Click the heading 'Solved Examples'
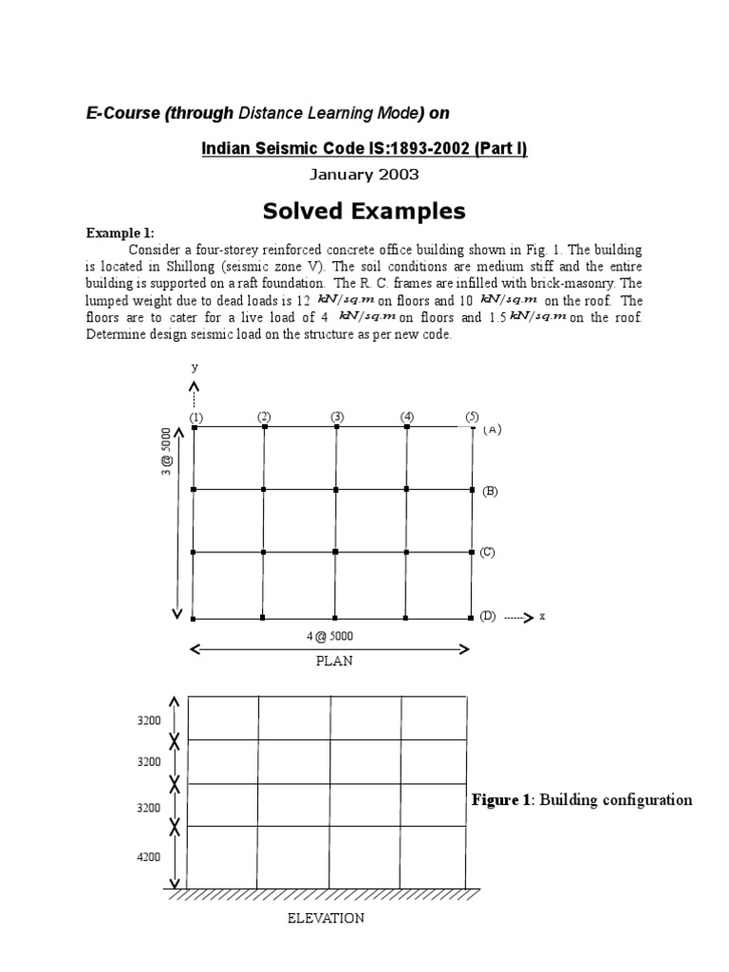click(x=364, y=211)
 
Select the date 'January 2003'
click(x=364, y=175)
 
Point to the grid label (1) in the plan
click(x=196, y=417)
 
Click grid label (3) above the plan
click(x=337, y=416)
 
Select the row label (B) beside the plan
click(x=490, y=491)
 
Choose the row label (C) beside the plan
click(x=488, y=551)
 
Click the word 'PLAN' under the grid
click(x=334, y=661)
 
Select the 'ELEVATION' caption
click(x=327, y=918)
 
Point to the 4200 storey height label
click(x=150, y=857)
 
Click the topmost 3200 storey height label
click(x=150, y=720)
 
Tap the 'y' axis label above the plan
click(x=194, y=366)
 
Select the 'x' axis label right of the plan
click(x=542, y=616)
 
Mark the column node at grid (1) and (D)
click(x=193, y=619)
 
